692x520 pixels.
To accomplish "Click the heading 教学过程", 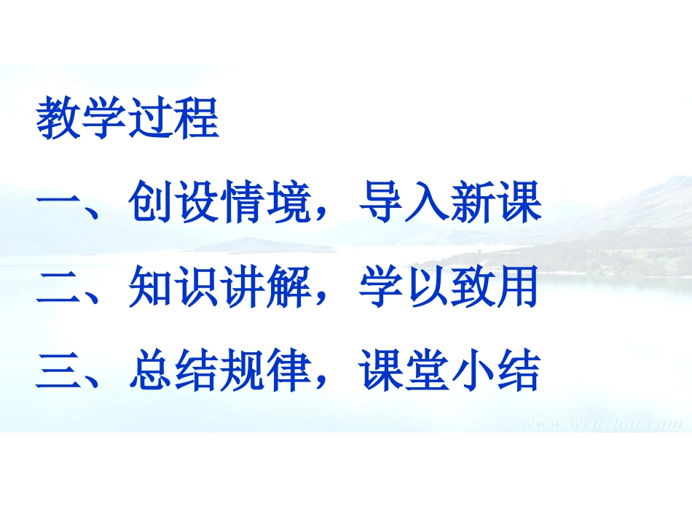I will pyautogui.click(x=127, y=118).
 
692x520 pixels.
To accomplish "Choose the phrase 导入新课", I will pyautogui.click(x=450, y=203).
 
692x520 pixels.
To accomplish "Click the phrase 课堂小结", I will pyautogui.click(x=449, y=372).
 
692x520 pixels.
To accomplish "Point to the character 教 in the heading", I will pyautogui.click(x=59, y=118).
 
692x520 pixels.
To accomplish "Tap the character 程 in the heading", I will pyautogui.click(x=196, y=118).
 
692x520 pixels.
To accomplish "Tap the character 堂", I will pyautogui.click(x=427, y=372).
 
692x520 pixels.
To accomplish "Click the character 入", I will pyautogui.click(x=427, y=203).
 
